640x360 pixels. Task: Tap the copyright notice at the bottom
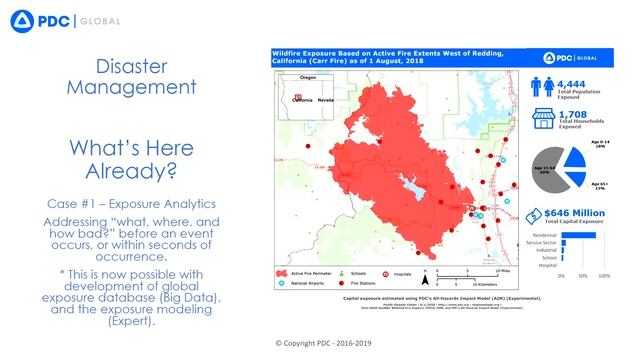(319, 342)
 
